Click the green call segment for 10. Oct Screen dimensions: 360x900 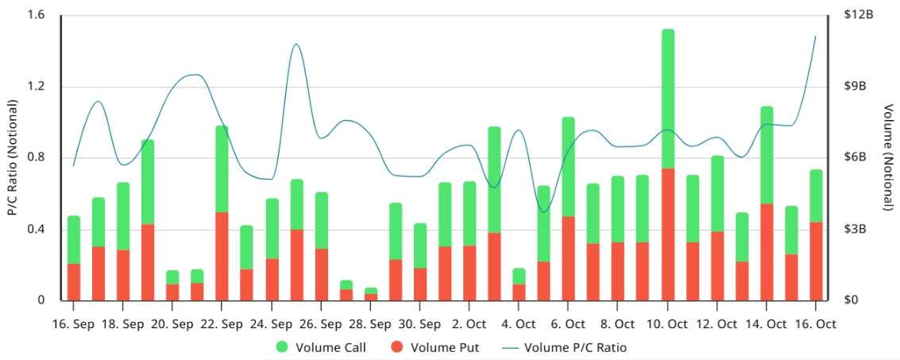[x=668, y=99]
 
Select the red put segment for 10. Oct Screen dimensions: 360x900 [x=668, y=234]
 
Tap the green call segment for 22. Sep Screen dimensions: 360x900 [x=222, y=168]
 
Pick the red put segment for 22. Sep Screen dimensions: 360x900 [x=222, y=256]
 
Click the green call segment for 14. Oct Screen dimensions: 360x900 [x=767, y=155]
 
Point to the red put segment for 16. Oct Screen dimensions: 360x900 [x=816, y=261]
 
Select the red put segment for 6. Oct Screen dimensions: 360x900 [x=568, y=258]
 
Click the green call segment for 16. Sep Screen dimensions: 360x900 [x=73, y=239]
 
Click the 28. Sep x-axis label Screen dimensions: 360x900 [x=369, y=324]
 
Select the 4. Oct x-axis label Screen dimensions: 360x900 [x=519, y=324]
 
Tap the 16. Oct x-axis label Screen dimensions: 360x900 [x=816, y=324]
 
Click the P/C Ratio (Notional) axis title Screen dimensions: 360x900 [x=12, y=158]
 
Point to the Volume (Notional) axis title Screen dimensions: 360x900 [x=887, y=158]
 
